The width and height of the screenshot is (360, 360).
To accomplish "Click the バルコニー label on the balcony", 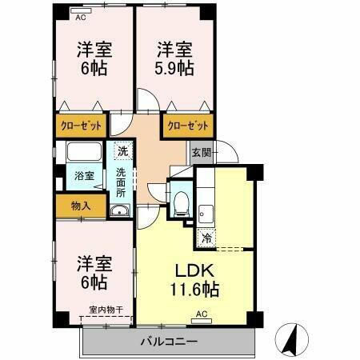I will (x=170, y=341).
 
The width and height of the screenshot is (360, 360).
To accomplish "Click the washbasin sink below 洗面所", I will (x=121, y=210).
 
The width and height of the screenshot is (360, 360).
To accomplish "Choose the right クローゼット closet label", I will (x=188, y=126).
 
